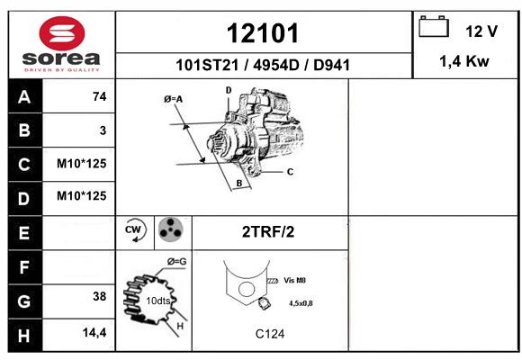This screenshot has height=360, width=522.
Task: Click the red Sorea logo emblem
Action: (x=62, y=33)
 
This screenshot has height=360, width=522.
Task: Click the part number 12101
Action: (x=263, y=33)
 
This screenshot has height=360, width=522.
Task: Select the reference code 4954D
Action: (x=276, y=65)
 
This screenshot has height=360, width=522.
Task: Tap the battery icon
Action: (x=434, y=26)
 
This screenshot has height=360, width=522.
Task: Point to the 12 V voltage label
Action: (x=481, y=31)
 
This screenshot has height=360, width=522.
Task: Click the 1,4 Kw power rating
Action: (x=464, y=61)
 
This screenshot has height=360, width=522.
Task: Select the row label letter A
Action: (x=24, y=97)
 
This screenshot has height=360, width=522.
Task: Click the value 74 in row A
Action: (x=100, y=96)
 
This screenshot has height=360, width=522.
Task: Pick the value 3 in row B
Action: (x=103, y=130)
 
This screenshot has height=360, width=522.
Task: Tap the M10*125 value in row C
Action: (x=82, y=164)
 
